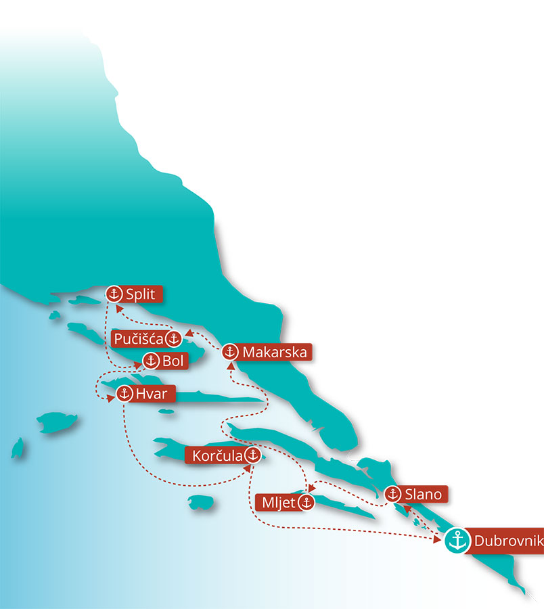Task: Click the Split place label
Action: [x=141, y=294]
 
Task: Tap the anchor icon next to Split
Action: [x=114, y=294]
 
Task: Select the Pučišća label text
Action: [x=138, y=338]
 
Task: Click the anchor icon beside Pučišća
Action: [x=175, y=338]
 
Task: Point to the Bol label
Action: [x=173, y=361]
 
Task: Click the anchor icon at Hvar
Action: [x=124, y=394]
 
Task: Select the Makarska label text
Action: [x=274, y=353]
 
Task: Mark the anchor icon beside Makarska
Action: [x=230, y=353]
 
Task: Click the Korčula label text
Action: [x=214, y=455]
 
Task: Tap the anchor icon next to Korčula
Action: [x=252, y=455]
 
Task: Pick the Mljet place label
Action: [x=278, y=503]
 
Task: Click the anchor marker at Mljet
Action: [x=306, y=503]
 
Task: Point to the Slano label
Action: [x=424, y=495]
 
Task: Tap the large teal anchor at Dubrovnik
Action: [x=458, y=541]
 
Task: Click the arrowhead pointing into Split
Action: [x=119, y=307]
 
